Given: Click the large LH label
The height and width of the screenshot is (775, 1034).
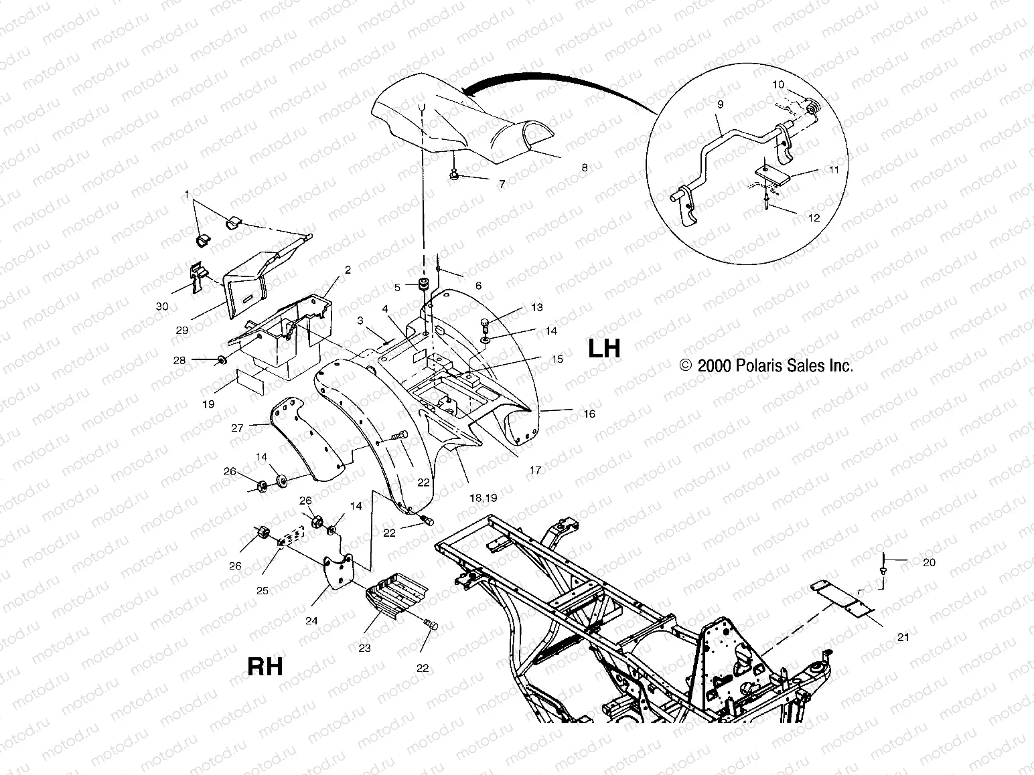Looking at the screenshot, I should pyautogui.click(x=604, y=349).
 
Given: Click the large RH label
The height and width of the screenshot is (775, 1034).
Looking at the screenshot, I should pyautogui.click(x=265, y=667).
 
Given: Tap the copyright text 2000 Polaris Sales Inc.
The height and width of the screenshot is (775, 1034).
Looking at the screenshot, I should pyautogui.click(x=766, y=365).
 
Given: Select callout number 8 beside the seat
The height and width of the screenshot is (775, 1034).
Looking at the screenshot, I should pyautogui.click(x=585, y=168).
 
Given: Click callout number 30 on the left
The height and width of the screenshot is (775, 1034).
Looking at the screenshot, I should pyautogui.click(x=162, y=306).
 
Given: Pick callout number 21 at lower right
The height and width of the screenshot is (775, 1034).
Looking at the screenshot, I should pyautogui.click(x=903, y=637).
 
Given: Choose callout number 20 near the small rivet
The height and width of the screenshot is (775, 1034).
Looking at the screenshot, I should pyautogui.click(x=929, y=562).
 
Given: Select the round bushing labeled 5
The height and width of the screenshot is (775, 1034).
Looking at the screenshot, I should pyautogui.click(x=423, y=286).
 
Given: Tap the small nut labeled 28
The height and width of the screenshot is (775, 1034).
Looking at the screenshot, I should pyautogui.click(x=220, y=361).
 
